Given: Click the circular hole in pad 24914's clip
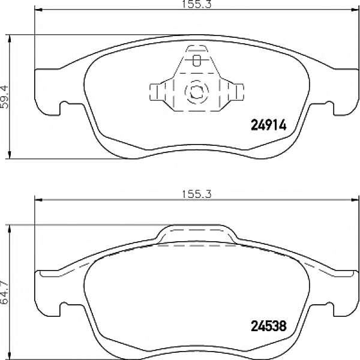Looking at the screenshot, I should click(196, 92).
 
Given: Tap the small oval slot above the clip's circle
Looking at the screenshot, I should click(197, 60).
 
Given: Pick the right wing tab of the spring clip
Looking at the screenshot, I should click(238, 92).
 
